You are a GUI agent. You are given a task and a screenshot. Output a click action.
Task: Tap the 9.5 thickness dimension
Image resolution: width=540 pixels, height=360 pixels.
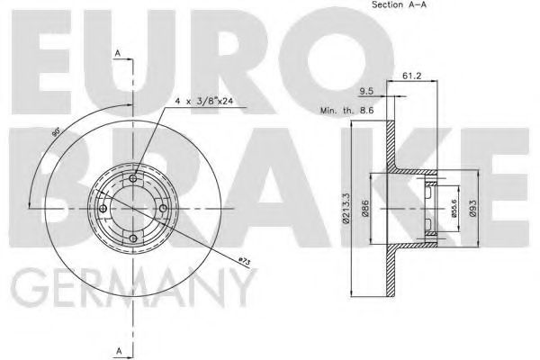pyautogui.click(x=366, y=92)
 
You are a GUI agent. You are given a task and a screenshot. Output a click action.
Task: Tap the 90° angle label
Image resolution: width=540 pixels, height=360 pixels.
pyautogui.click(x=56, y=133)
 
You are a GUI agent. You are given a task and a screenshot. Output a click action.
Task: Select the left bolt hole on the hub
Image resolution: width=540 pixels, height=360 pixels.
pyautogui.click(x=103, y=209)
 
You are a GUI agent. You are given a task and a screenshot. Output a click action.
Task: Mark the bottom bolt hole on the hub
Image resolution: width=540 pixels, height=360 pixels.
pyautogui.click(x=133, y=238)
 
